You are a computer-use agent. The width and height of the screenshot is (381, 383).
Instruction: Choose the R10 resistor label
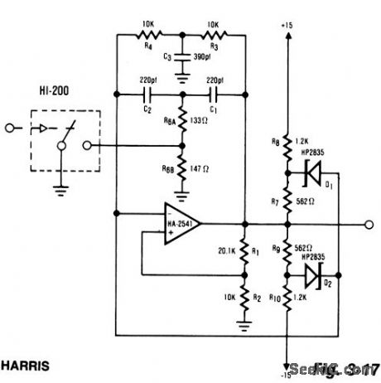[x=274, y=304]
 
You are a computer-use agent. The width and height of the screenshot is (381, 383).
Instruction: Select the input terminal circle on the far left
[x=7, y=128]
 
